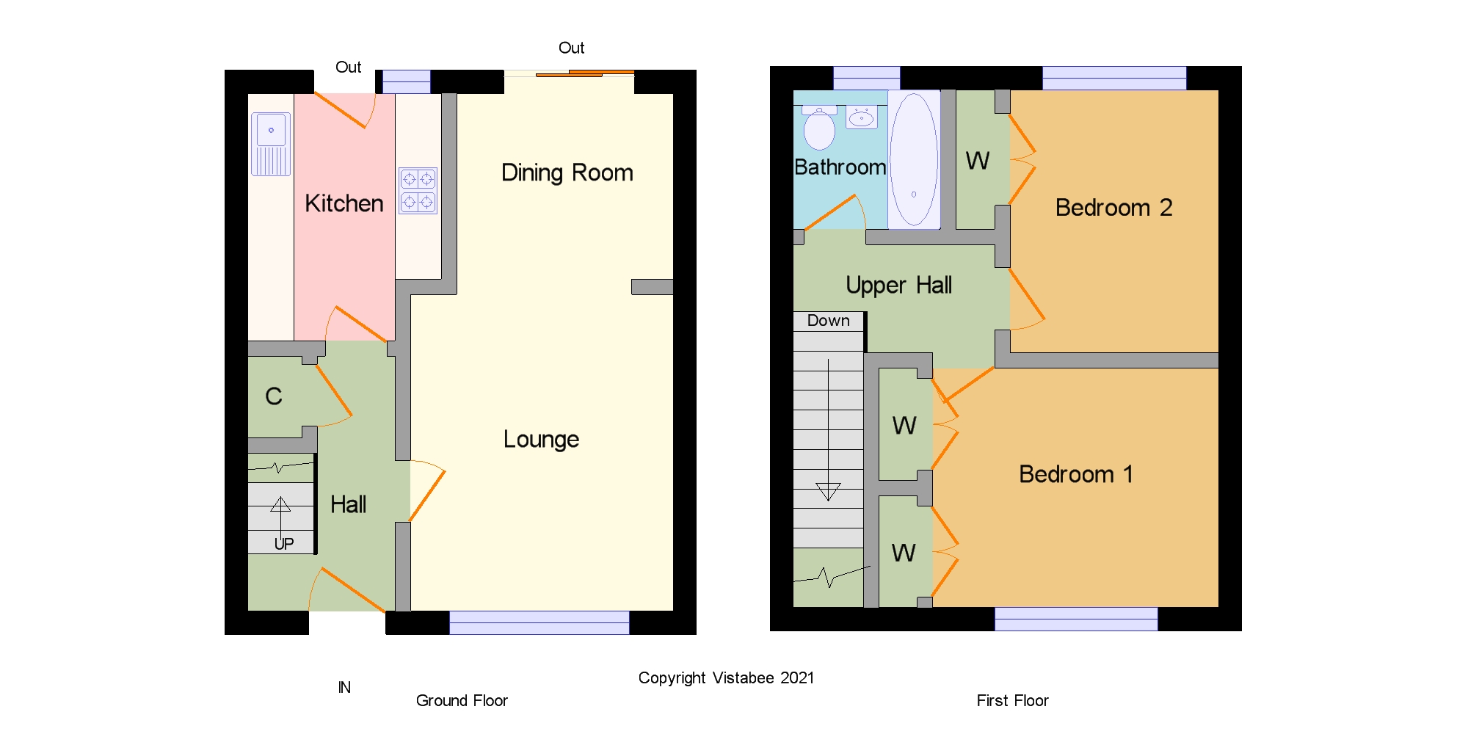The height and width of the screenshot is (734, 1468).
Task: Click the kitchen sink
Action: (x=271, y=144)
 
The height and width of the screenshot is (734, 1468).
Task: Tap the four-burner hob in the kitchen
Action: (x=418, y=191)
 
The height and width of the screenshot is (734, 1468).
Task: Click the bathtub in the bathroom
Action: (x=914, y=159)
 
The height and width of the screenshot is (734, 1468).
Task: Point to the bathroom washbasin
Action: (x=862, y=117)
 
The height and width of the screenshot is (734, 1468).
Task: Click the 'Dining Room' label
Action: (x=567, y=172)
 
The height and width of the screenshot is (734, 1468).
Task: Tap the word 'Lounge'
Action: (x=542, y=439)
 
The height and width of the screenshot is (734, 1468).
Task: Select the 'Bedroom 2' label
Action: (x=1113, y=208)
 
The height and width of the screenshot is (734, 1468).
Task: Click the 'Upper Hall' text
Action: (x=899, y=285)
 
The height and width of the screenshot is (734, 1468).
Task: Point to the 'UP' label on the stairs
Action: (x=284, y=544)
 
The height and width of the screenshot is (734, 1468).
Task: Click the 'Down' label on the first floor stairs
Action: (x=829, y=321)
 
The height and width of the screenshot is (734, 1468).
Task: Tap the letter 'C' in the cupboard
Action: (x=274, y=396)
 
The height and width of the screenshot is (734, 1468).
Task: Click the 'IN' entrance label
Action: (x=344, y=688)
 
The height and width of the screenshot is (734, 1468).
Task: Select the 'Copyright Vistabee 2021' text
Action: (x=726, y=678)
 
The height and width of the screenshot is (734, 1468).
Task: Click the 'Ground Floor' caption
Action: (x=462, y=700)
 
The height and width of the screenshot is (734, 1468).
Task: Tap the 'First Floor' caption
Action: (x=1012, y=700)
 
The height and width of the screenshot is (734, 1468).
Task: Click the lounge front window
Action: (x=539, y=622)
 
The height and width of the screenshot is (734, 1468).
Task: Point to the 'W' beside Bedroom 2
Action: (x=978, y=161)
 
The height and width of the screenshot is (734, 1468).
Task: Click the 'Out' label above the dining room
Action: (x=572, y=48)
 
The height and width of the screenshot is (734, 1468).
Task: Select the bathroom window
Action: (x=867, y=78)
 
